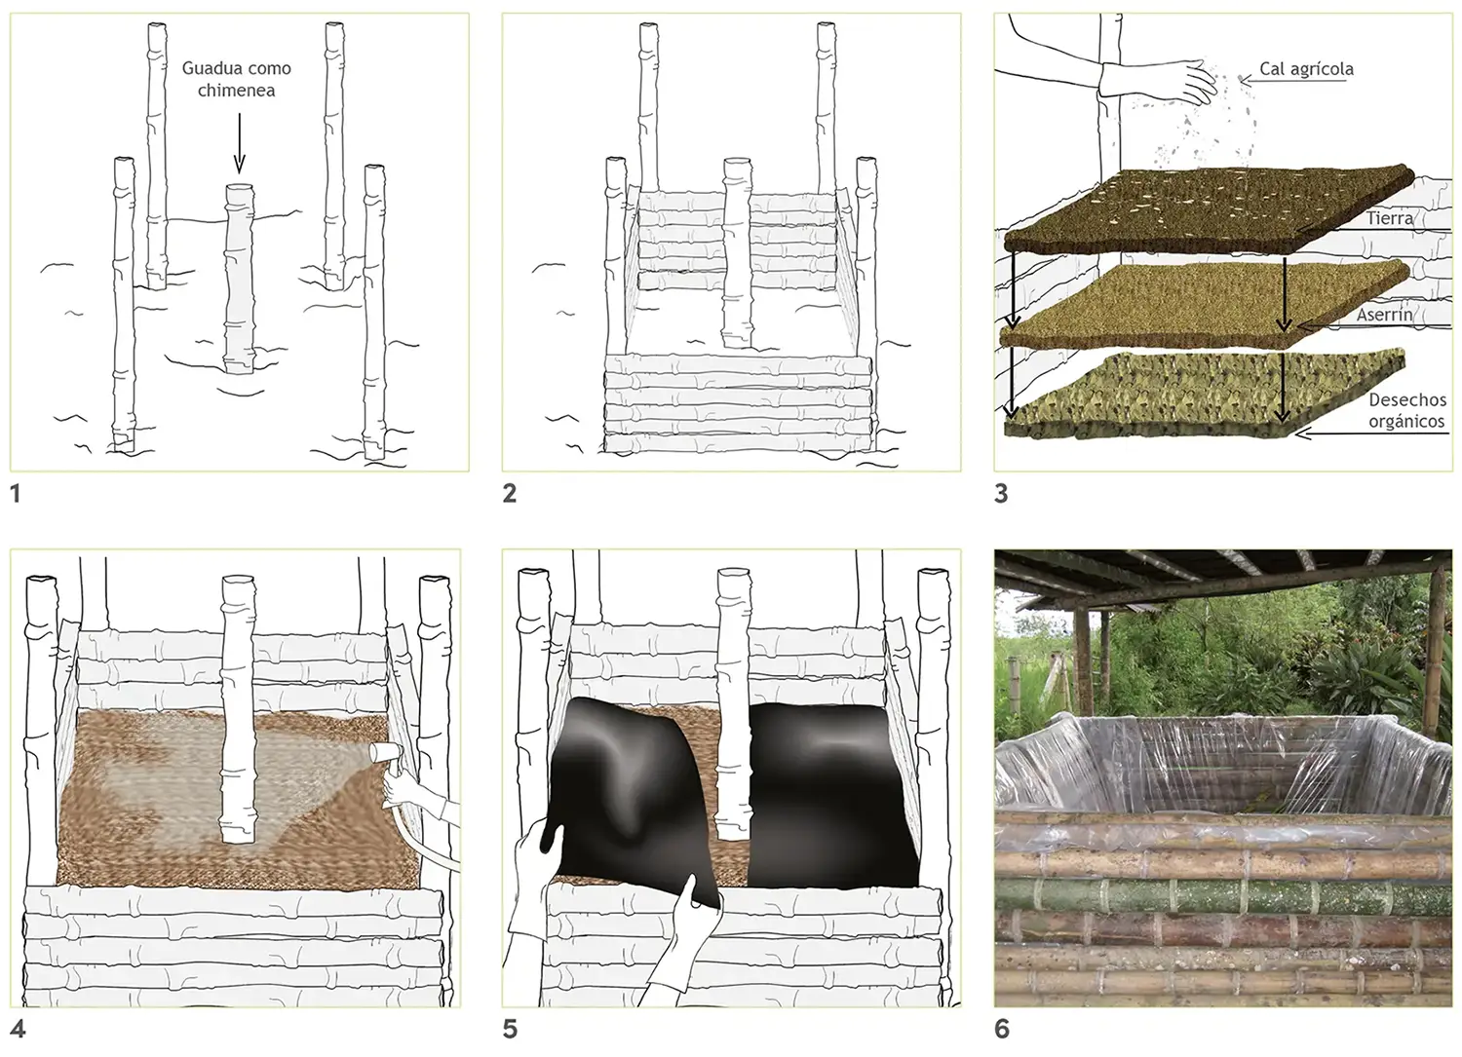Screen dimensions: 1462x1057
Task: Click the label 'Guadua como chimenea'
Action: point(236,79)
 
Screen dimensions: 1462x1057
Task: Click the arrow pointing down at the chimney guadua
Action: point(239,143)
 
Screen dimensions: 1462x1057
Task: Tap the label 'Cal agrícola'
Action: point(1306,69)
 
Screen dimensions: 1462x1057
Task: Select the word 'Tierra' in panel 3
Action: point(1390,218)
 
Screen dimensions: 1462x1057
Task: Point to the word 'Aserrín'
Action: point(1384,315)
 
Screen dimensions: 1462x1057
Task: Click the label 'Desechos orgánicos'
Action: point(1407,410)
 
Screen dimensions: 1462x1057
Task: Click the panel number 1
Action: point(16,494)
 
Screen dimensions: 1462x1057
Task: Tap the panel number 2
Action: point(510,494)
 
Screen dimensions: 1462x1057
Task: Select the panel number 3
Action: point(1001,494)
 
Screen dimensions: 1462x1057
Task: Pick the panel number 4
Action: point(18,1030)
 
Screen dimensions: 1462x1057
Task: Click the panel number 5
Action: point(510,1030)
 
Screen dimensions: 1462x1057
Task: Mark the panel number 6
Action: point(1002,1030)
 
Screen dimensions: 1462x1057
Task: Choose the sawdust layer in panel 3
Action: point(1204,303)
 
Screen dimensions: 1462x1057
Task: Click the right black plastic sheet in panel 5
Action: point(832,796)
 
